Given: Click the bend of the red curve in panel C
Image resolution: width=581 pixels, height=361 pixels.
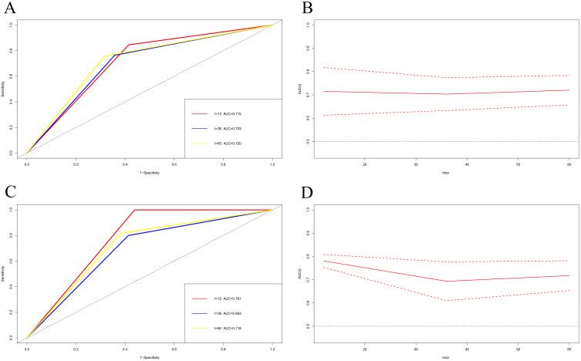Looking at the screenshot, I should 134,210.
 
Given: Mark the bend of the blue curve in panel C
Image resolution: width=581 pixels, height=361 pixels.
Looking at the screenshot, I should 127,235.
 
